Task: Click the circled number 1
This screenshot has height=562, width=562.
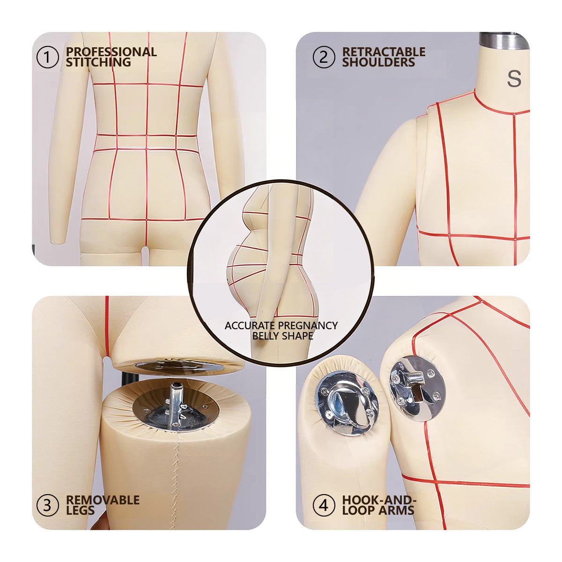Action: pyautogui.click(x=48, y=57)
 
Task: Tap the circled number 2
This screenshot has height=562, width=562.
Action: pyautogui.click(x=324, y=57)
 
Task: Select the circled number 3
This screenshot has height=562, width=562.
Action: pyautogui.click(x=48, y=505)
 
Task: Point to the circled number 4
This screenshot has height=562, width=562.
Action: pyautogui.click(x=324, y=505)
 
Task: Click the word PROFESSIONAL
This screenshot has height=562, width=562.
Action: pyautogui.click(x=111, y=52)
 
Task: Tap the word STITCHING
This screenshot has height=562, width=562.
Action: pyautogui.click(x=98, y=62)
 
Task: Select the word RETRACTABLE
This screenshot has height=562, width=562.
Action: pyautogui.click(x=384, y=52)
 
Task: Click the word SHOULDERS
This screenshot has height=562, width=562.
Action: pyautogui.click(x=378, y=62)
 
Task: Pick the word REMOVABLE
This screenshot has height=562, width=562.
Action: pyautogui.click(x=103, y=500)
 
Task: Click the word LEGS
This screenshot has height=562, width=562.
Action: pyautogui.click(x=80, y=510)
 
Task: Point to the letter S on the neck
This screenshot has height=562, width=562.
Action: pyautogui.click(x=514, y=79)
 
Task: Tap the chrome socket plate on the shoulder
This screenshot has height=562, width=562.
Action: pyautogui.click(x=418, y=388)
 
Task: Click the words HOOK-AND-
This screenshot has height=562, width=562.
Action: pyautogui.click(x=379, y=500)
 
